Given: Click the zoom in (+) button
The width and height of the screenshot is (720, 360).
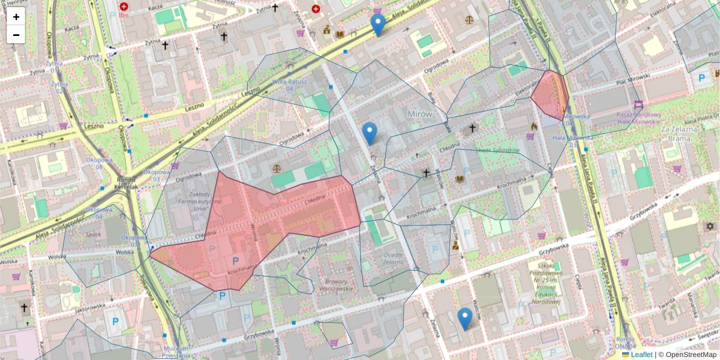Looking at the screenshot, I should (16, 17).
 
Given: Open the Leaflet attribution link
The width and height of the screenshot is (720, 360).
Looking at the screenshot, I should (641, 355).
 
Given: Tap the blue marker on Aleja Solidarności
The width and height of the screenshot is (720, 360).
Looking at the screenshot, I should (377, 25).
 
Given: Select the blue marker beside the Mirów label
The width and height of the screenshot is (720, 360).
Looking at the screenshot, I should (370, 133).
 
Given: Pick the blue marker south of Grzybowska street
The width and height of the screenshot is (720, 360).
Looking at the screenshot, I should (464, 319).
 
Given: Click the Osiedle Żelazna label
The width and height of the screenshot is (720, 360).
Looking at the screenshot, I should (393, 258).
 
